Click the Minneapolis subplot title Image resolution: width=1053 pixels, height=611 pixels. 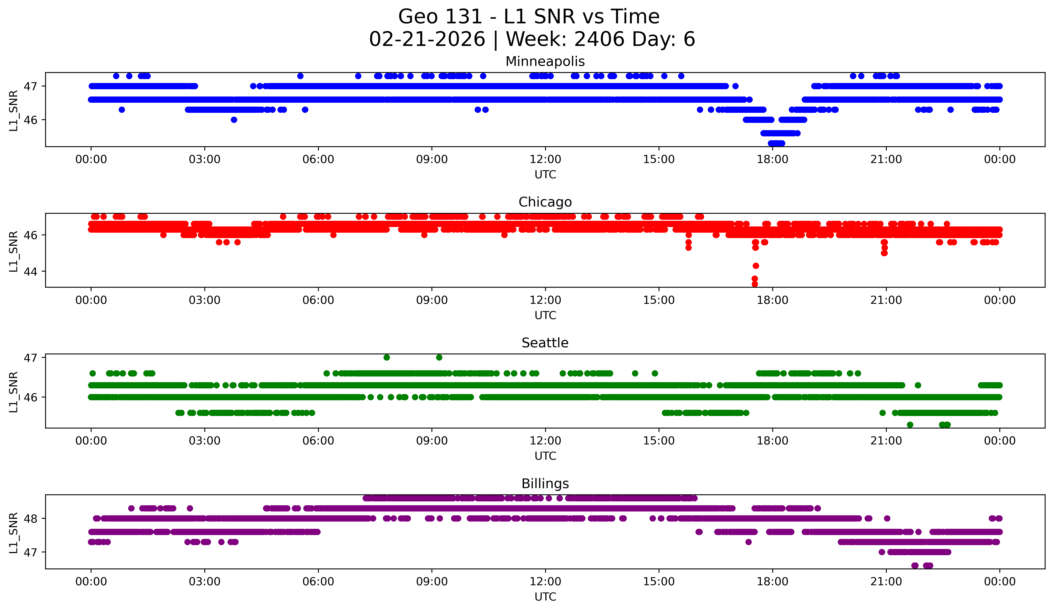[545, 61]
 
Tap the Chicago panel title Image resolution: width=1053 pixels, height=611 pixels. [545, 202]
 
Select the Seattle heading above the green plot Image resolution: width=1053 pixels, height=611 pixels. [545, 343]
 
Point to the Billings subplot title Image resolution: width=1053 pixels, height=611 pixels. [545, 484]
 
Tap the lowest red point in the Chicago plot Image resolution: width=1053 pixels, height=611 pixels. [755, 284]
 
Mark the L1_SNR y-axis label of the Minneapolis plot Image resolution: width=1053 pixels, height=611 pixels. [14, 110]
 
